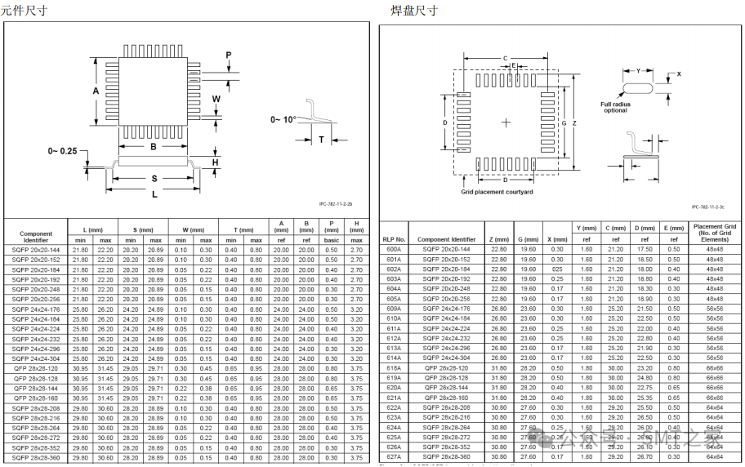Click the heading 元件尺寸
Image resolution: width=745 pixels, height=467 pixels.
tap(24, 11)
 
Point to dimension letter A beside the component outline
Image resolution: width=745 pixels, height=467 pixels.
tap(96, 91)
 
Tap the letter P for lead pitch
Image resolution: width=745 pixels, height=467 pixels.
tap(229, 55)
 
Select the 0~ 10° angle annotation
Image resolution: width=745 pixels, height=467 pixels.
tap(283, 119)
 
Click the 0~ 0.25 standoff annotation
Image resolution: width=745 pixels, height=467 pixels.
tap(62, 151)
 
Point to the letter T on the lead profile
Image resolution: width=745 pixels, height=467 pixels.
tap(321, 140)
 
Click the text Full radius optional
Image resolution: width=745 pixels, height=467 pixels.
tap(615, 107)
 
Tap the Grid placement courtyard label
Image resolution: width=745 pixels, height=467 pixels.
tap(497, 192)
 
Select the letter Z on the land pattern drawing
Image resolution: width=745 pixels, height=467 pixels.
tap(575, 123)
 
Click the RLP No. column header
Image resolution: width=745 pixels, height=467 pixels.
tap(394, 239)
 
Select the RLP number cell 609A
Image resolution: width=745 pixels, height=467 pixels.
tap(394, 309)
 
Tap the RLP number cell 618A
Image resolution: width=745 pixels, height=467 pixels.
tap(394, 368)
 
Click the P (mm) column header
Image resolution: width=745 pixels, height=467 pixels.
tap(331, 230)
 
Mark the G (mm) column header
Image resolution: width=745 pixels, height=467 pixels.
tap(528, 239)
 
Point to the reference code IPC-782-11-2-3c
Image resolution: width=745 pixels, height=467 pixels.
tap(707, 207)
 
